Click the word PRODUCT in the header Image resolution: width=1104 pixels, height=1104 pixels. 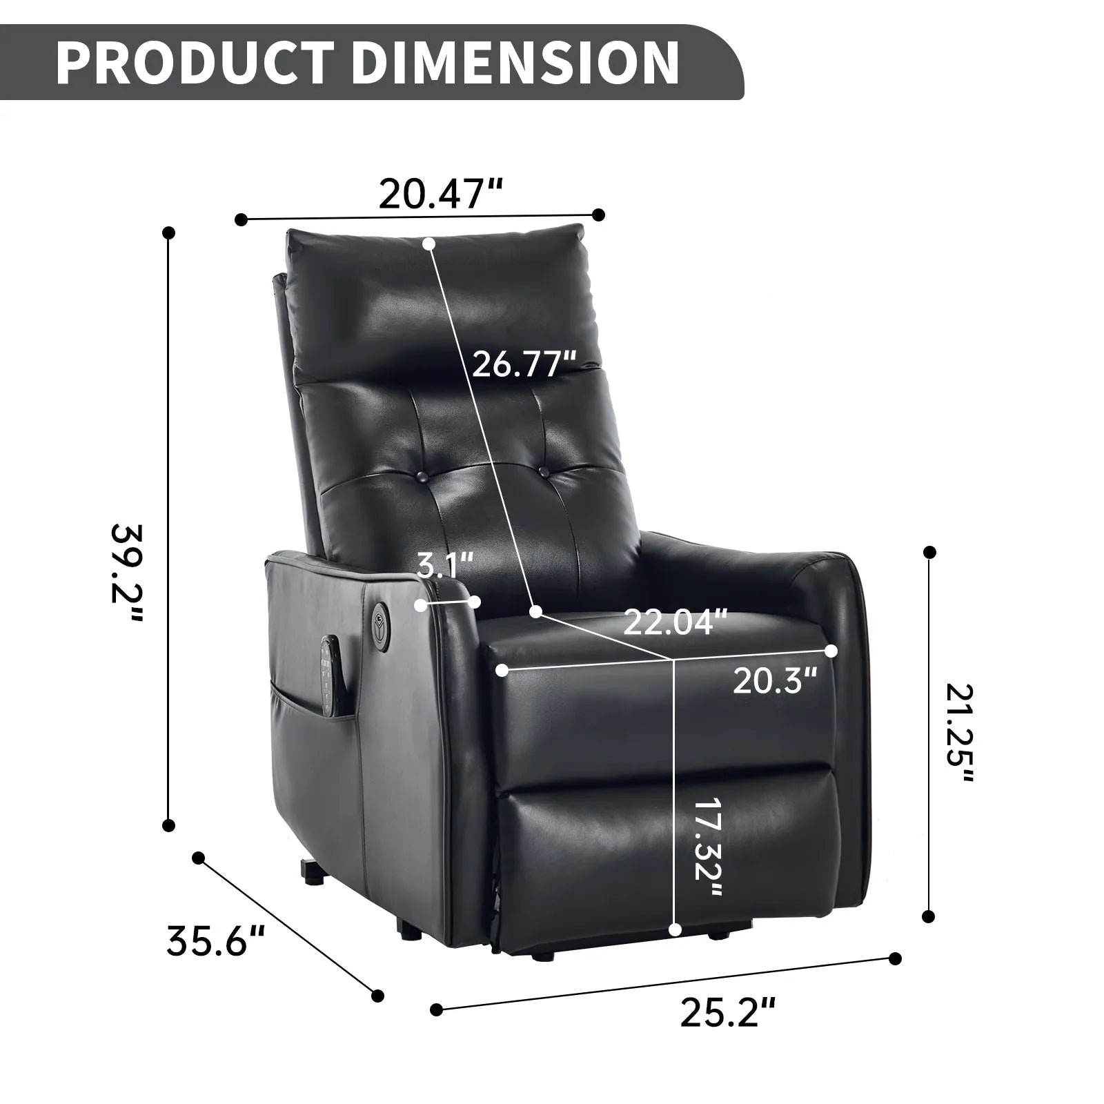tap(200, 63)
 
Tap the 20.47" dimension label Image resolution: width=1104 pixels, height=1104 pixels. tap(440, 195)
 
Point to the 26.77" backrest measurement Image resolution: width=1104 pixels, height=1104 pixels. tap(524, 364)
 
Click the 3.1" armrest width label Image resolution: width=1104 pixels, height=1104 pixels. tap(446, 567)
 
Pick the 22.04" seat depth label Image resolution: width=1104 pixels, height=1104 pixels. tap(676, 622)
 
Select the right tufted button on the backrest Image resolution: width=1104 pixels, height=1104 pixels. tap(545, 473)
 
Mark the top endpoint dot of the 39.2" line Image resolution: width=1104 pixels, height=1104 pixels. tap(168, 233)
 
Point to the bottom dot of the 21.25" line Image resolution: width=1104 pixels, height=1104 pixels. tap(929, 916)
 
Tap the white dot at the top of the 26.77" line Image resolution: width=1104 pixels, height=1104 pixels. tap(428, 243)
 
